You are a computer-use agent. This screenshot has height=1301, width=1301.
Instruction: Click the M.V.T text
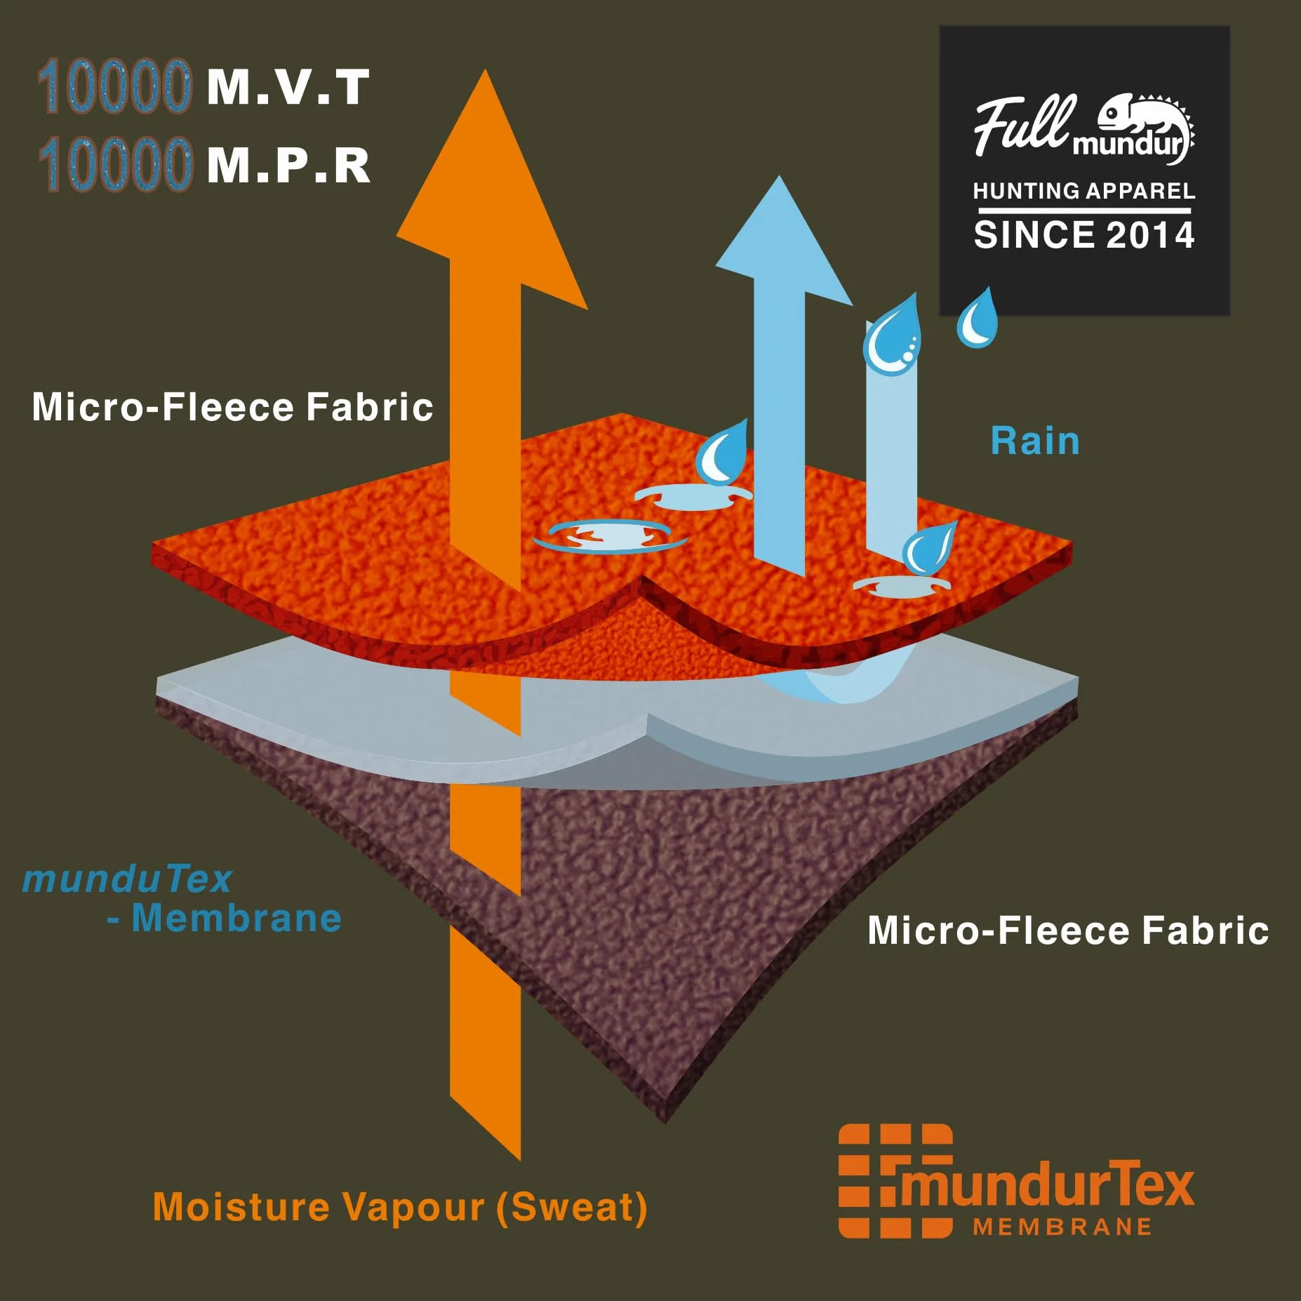(x=288, y=88)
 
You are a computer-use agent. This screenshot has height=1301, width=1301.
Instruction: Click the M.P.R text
(x=288, y=166)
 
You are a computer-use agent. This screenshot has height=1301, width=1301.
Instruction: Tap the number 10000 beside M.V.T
(x=114, y=86)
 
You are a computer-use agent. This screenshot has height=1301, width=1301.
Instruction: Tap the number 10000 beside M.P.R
(x=114, y=164)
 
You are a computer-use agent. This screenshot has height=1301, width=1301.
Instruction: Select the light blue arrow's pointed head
(x=779, y=177)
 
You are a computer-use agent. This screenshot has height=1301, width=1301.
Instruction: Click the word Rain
(x=1035, y=441)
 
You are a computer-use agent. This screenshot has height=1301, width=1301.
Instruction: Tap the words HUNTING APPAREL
(x=1084, y=191)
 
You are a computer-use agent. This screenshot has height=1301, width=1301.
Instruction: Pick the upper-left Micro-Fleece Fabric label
(x=232, y=407)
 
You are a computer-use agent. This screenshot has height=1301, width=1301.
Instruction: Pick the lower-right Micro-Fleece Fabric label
(x=1068, y=930)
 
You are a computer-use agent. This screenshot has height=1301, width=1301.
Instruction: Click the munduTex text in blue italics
(x=127, y=879)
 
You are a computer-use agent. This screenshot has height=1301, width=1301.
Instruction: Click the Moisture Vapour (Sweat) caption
(x=400, y=1207)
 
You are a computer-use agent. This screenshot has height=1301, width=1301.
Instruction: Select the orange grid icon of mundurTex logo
(x=895, y=1181)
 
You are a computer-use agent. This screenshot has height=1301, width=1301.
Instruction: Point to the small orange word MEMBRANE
(x=1062, y=1227)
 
